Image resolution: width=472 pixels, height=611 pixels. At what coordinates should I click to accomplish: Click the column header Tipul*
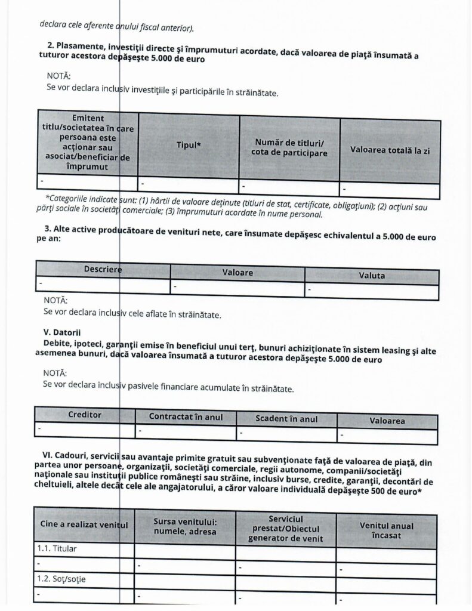(189, 145)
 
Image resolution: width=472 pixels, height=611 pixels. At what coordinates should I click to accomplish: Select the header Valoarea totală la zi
(390, 150)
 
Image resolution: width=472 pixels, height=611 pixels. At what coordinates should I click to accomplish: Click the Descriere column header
(103, 269)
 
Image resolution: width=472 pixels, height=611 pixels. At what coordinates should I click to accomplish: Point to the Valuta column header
(371, 276)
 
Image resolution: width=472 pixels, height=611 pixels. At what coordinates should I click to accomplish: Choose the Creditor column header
(85, 414)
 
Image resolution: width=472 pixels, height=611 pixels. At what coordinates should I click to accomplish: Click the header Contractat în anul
(186, 417)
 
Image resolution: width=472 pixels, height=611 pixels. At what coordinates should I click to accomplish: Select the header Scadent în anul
(286, 419)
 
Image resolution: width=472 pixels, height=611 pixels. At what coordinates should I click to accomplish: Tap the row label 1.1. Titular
(58, 548)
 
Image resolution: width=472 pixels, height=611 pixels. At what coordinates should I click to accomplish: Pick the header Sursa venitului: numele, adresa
(185, 527)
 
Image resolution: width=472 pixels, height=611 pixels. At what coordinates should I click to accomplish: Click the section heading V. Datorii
(61, 331)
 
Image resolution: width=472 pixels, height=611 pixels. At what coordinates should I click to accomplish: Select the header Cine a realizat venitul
(84, 524)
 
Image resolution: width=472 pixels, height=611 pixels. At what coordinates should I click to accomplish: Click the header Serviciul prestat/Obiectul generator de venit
(286, 529)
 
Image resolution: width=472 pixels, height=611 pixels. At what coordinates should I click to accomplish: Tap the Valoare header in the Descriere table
(237, 272)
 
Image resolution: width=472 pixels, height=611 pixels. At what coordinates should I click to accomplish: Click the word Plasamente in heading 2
(82, 46)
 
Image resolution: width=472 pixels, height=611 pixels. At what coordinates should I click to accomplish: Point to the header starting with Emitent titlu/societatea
(88, 143)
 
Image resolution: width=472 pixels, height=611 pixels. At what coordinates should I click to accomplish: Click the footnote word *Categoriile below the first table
(69, 198)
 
